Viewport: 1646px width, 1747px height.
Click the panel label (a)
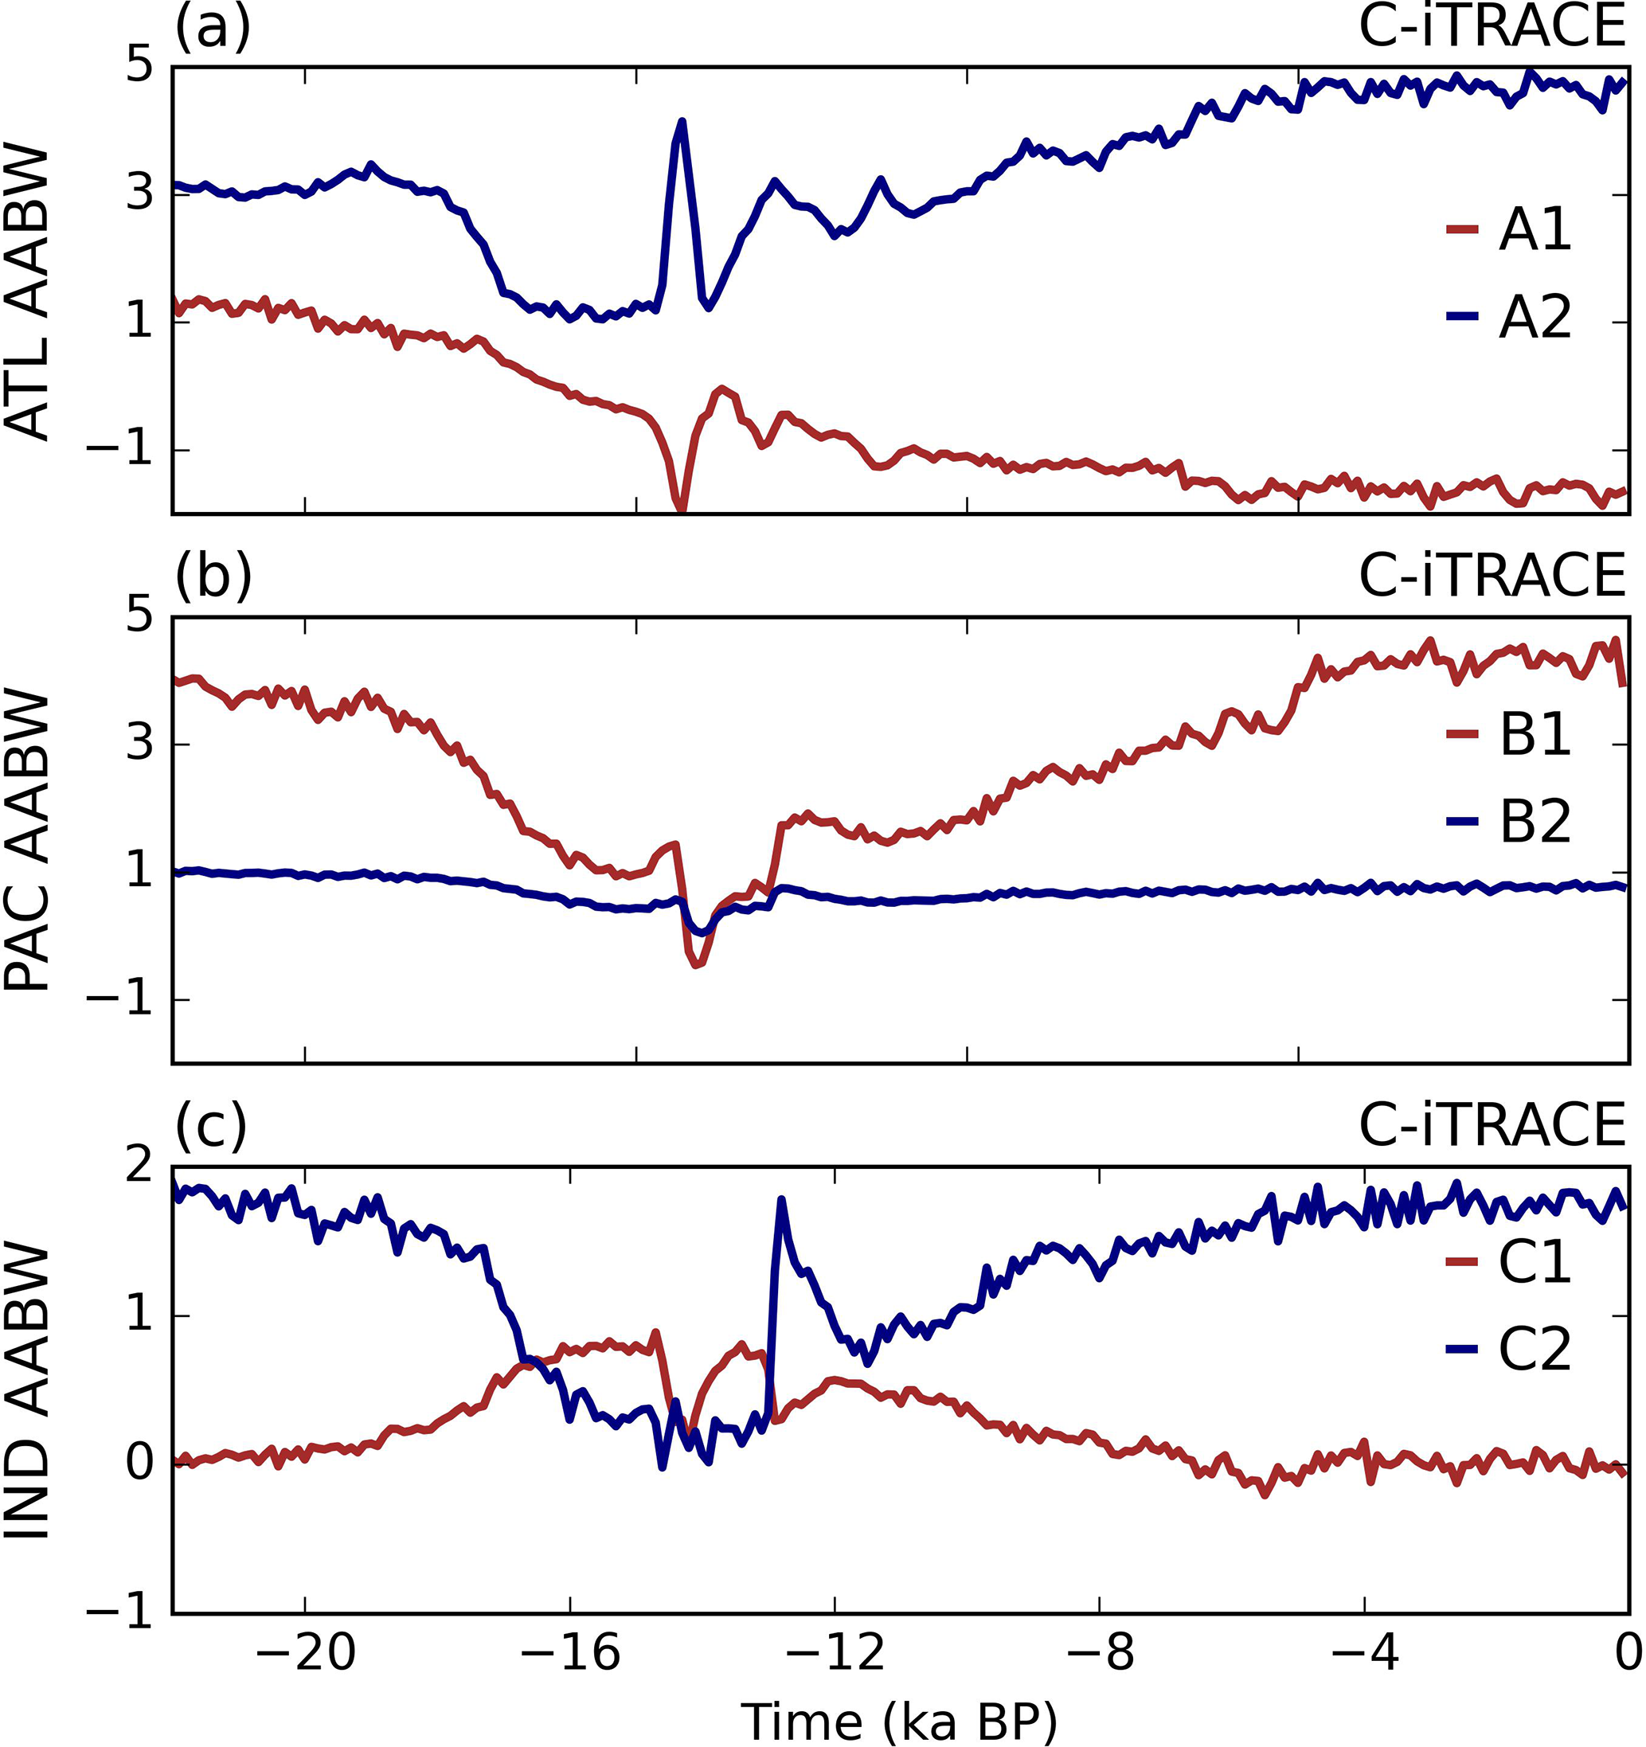coord(213,28)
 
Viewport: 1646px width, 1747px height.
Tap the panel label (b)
coord(213,577)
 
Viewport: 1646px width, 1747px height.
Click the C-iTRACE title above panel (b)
coord(1492,577)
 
